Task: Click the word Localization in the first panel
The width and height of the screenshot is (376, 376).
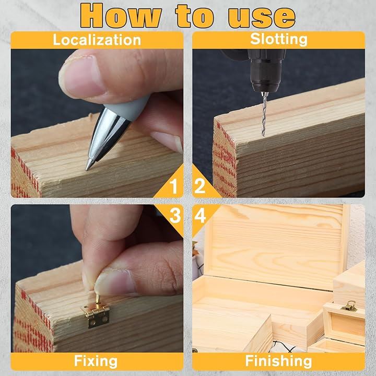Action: click(97, 40)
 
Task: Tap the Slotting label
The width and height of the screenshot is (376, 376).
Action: click(279, 39)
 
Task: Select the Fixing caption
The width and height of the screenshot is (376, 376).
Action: click(96, 361)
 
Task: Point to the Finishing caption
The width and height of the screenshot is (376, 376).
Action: click(279, 361)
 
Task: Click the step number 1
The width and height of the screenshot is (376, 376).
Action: click(173, 186)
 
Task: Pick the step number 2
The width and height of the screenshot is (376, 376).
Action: click(199, 186)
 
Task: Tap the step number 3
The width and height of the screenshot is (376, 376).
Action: click(175, 215)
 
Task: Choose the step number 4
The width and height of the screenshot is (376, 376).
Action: click(200, 215)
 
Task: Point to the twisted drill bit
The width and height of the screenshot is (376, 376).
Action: click(264, 114)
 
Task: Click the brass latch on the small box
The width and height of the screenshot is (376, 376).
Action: click(349, 306)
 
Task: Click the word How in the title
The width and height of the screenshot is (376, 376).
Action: click(121, 16)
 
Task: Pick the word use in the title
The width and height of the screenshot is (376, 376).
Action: click(262, 17)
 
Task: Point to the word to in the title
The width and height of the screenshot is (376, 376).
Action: click(195, 16)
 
